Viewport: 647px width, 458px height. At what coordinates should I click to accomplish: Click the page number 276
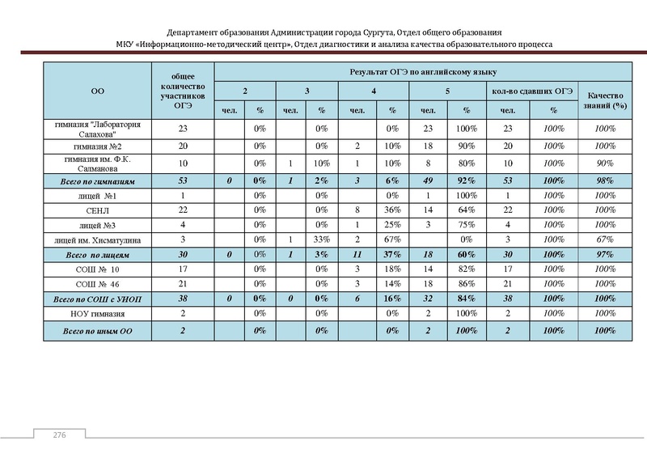59,435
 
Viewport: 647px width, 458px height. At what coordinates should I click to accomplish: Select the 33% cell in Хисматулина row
321,240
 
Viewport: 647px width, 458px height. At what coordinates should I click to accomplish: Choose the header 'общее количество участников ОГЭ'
183,91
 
